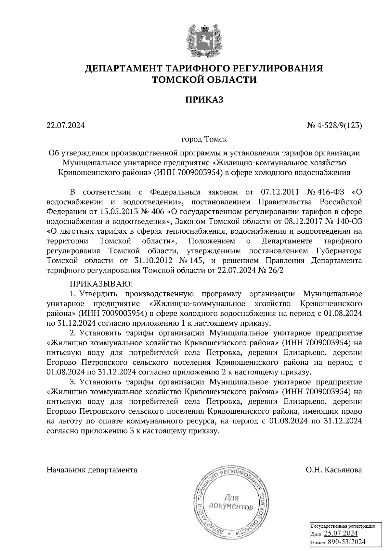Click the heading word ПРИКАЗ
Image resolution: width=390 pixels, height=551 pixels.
[x=204, y=100]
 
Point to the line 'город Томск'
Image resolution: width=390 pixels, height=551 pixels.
[x=204, y=140]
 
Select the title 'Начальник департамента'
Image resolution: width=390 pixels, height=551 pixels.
[x=92, y=470]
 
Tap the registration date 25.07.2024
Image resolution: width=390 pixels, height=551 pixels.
[x=341, y=533]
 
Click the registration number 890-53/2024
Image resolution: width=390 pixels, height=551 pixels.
[x=346, y=542]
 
